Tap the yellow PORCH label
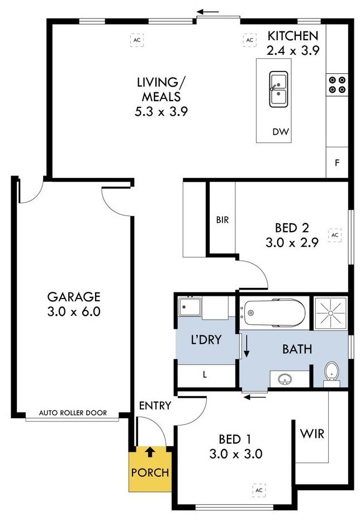pos(150,472)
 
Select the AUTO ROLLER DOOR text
pos(73,414)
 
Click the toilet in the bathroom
pos(332,371)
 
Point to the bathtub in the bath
pos(273,314)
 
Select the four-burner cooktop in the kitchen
pos(337,84)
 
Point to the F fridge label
pos(337,164)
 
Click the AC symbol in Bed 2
pos(335,235)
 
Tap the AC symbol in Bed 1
pos(258,490)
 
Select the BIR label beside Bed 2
pos(222,220)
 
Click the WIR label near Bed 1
pos(312,434)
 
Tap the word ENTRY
pos(155,405)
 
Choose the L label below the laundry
pos(205,375)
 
